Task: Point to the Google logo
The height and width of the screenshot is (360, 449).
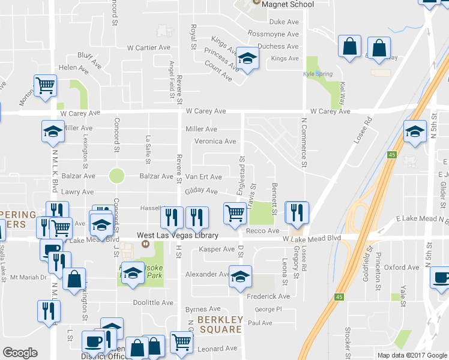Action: click(x=20, y=353)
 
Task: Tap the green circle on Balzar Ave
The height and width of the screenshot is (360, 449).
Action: click(x=116, y=176)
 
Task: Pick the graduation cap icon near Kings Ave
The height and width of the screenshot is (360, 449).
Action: click(x=245, y=58)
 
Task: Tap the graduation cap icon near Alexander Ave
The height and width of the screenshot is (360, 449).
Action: click(x=241, y=276)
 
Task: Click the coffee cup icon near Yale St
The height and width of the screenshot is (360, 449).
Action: click(x=441, y=278)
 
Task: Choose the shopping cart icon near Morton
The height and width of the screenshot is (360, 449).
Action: click(x=45, y=85)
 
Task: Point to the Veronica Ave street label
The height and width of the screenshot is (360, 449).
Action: click(x=215, y=142)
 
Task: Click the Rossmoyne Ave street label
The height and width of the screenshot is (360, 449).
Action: click(x=273, y=34)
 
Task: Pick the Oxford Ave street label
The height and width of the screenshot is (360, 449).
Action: click(x=402, y=268)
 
